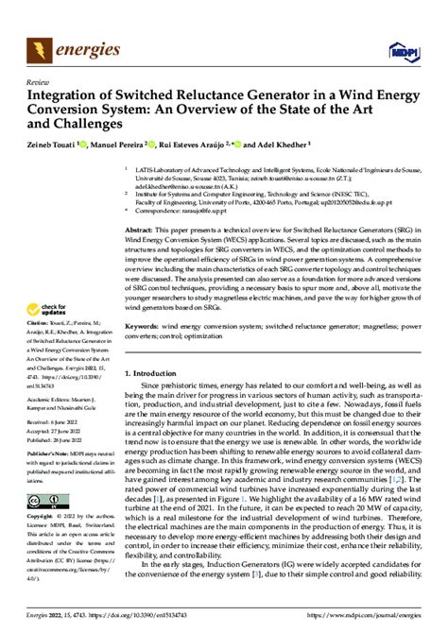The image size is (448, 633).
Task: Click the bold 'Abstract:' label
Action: [x=143, y=231]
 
